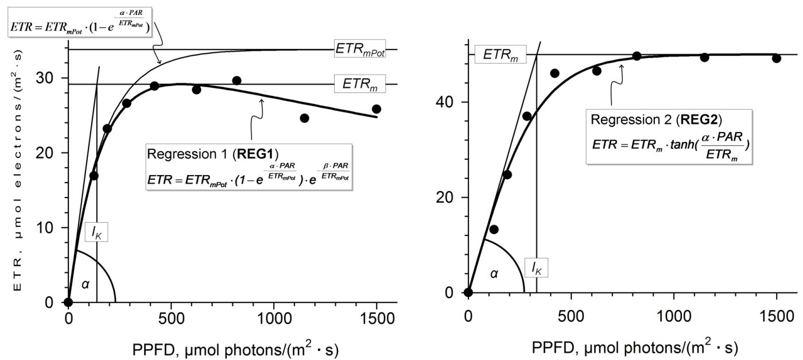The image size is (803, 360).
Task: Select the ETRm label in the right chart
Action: [x=497, y=55]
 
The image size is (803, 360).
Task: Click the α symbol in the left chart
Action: [x=86, y=283]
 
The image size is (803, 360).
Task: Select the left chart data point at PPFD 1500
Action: [x=377, y=109]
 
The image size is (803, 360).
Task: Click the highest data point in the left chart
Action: [x=236, y=80]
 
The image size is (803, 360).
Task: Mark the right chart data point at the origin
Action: [x=468, y=292]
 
